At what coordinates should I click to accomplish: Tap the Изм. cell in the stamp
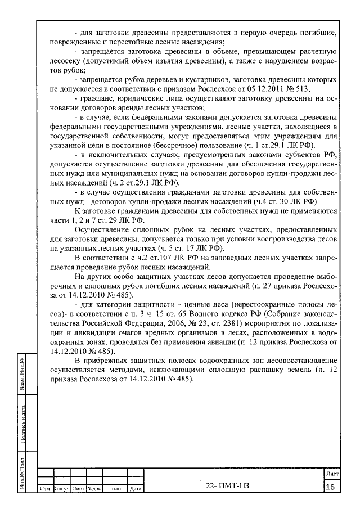[44, 489]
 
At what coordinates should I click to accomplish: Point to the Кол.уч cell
[61, 489]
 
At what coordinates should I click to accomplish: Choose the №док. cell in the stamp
[93, 489]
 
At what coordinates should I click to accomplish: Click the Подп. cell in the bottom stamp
[115, 489]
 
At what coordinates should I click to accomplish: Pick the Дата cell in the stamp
[136, 489]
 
